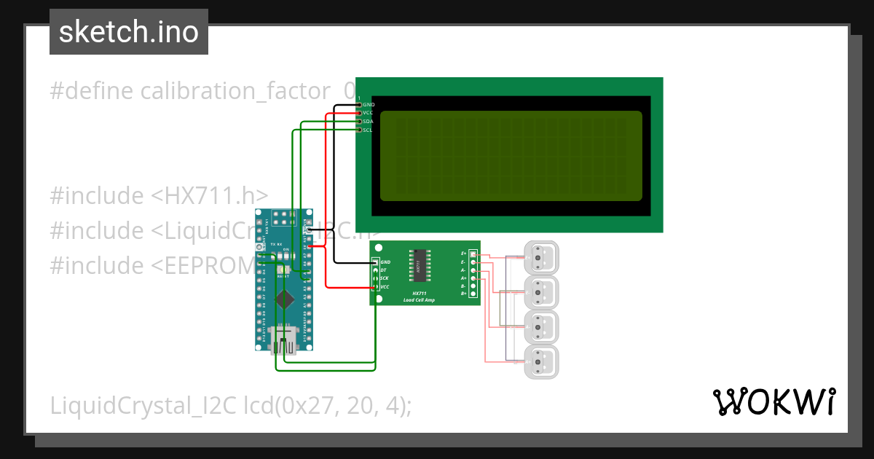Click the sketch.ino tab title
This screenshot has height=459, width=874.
point(128,32)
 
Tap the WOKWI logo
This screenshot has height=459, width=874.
point(773,401)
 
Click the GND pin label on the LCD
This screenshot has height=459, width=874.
point(369,104)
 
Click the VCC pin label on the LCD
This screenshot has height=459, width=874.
point(368,113)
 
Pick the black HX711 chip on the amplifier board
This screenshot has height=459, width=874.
point(420,266)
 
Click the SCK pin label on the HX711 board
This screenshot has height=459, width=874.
point(384,278)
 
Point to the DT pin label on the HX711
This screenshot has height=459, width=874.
point(383,270)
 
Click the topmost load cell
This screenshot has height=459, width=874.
point(541,258)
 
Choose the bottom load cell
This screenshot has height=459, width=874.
point(541,361)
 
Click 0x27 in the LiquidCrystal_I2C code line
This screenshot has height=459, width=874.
point(304,406)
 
